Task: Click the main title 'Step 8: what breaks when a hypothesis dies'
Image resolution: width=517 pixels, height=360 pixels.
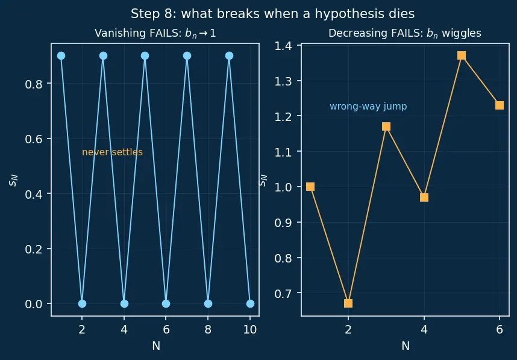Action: click(273, 14)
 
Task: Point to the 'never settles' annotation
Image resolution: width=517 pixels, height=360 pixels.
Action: click(112, 152)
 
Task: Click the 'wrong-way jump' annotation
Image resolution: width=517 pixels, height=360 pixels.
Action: click(368, 107)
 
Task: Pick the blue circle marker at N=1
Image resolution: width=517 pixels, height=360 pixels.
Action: click(61, 55)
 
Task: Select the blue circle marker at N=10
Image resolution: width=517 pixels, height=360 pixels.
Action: click(250, 303)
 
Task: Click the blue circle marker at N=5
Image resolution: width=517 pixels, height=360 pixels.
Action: click(145, 55)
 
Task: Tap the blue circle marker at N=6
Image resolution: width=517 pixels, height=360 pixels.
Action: click(166, 303)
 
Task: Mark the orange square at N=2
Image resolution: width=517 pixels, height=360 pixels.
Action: click(348, 303)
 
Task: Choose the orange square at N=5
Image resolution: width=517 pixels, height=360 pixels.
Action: click(462, 55)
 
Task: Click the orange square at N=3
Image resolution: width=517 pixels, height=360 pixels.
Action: click(386, 126)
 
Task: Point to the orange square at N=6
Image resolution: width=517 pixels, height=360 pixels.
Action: click(500, 105)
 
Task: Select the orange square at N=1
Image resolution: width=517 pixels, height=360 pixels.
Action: click(310, 187)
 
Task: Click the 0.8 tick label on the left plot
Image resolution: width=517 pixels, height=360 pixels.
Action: click(34, 84)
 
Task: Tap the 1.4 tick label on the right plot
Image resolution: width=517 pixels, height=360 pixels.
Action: click(283, 46)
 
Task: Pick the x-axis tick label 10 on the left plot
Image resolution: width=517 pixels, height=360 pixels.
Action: click(250, 329)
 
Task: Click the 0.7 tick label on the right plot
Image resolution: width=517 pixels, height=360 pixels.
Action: click(283, 293)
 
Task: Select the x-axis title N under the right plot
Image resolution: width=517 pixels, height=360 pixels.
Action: click(406, 346)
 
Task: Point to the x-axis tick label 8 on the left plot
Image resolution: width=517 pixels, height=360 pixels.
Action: click(208, 329)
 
